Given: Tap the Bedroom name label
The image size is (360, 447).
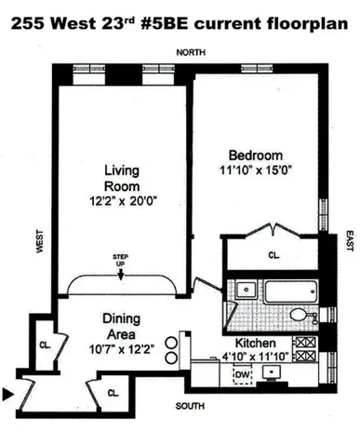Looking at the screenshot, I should coord(255,154).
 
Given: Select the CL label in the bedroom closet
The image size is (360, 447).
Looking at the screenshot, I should coord(273,253).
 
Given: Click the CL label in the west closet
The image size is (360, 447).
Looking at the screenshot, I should coord(45,342).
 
